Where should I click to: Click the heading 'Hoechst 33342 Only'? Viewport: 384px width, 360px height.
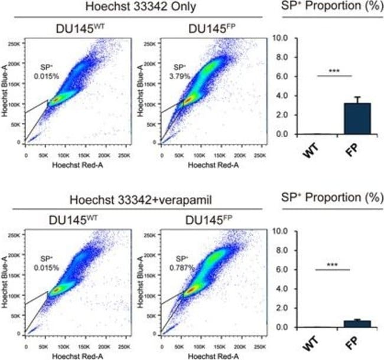point(134,8)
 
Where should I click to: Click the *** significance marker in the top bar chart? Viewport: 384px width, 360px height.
point(334,70)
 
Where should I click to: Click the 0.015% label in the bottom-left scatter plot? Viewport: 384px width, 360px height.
point(48,267)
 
